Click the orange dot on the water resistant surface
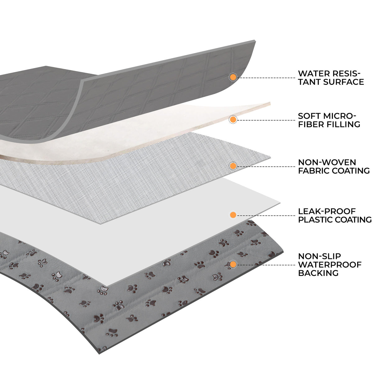[x=233, y=77]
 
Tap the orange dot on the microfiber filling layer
[x=233, y=119]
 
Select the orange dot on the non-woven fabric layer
[x=233, y=166]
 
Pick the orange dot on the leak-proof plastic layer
[x=233, y=214]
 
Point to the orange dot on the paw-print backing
[x=233, y=265]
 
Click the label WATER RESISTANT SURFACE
[x=331, y=78]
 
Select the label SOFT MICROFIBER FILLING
[x=329, y=120]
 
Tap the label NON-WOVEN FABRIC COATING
[x=334, y=166]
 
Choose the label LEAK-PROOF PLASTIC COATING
[x=334, y=215]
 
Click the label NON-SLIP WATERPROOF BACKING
[x=329, y=265]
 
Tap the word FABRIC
[x=314, y=171]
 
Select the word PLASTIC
[x=315, y=220]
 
